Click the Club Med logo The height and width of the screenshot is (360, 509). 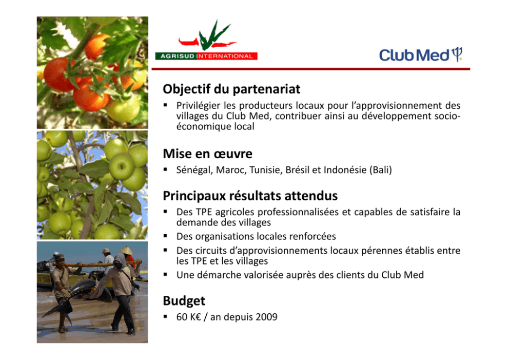(x=421, y=54)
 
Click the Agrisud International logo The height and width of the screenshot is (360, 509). (x=206, y=40)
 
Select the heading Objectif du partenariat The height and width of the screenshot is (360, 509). (x=231, y=89)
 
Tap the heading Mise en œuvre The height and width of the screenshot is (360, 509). (x=207, y=154)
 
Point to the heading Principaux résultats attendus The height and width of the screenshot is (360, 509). (x=250, y=196)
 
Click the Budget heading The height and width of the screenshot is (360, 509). (x=184, y=301)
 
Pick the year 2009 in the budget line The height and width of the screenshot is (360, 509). (x=266, y=317)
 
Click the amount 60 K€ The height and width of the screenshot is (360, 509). (x=189, y=317)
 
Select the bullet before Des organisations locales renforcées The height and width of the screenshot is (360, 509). (x=166, y=236)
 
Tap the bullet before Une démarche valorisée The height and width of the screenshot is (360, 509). (x=166, y=275)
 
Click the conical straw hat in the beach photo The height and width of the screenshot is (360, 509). (x=126, y=251)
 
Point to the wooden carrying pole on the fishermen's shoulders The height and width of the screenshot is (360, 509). (x=97, y=263)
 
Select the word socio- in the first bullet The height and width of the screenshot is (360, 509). (x=447, y=116)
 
